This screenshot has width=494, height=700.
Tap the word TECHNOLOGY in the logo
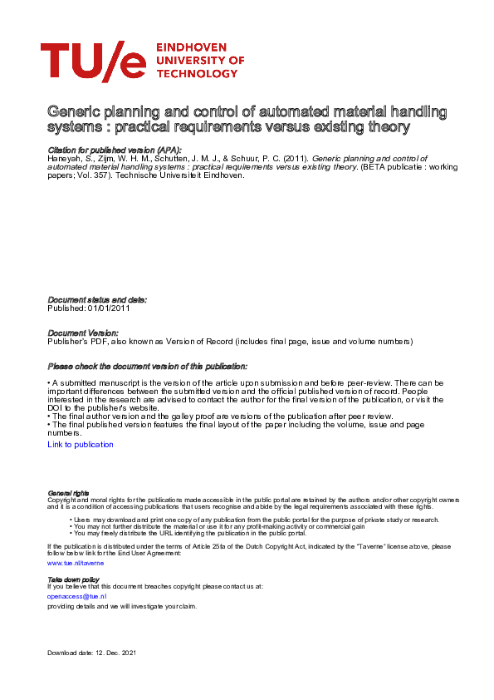196,73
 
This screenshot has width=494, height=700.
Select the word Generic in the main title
72,111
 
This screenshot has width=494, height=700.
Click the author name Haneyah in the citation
66,156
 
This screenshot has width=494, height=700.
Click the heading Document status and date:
97,299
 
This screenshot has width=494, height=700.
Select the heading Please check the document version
147,367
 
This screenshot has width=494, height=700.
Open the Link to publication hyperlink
81,445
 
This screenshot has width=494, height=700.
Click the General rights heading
69,493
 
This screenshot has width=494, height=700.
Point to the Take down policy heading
74,579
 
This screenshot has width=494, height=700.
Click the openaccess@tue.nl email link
77,596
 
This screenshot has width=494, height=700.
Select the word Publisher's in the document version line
66,342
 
